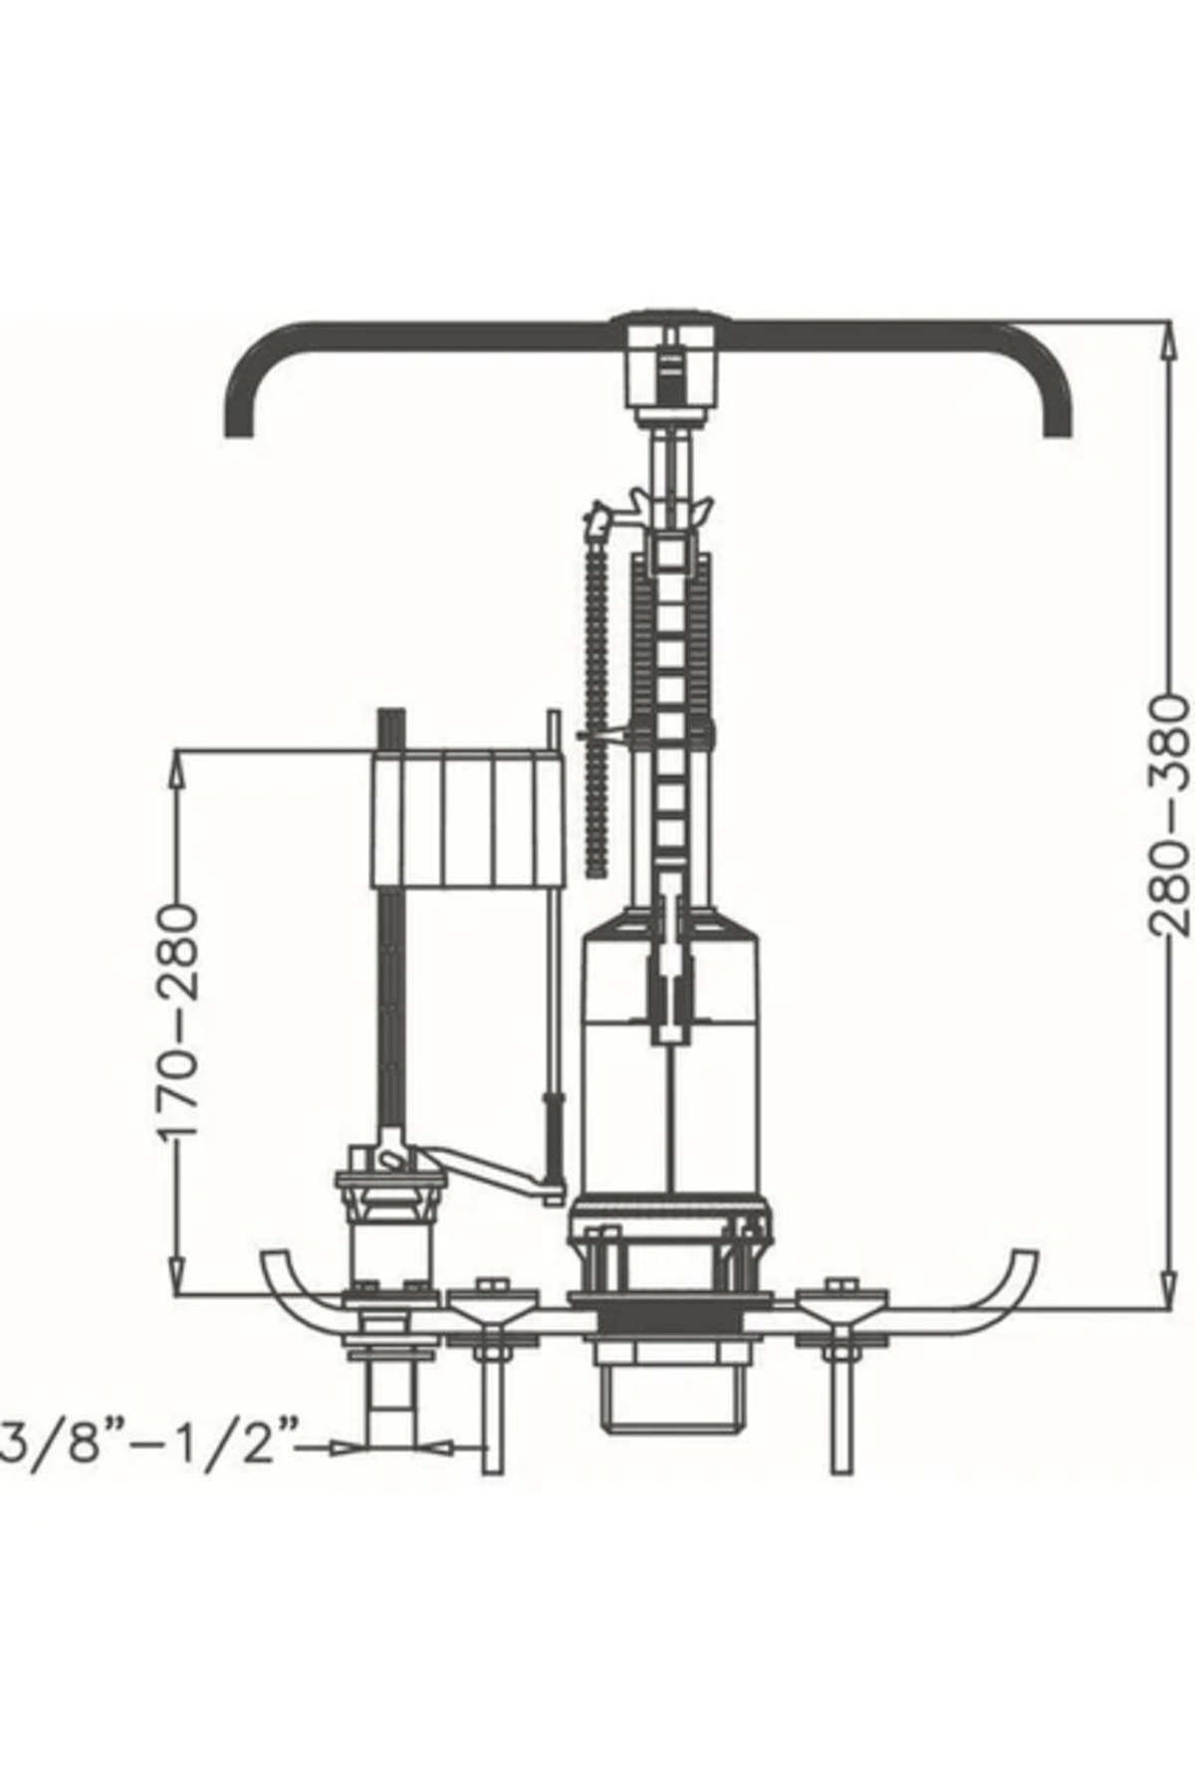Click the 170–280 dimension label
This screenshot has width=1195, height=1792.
click(180, 1021)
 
